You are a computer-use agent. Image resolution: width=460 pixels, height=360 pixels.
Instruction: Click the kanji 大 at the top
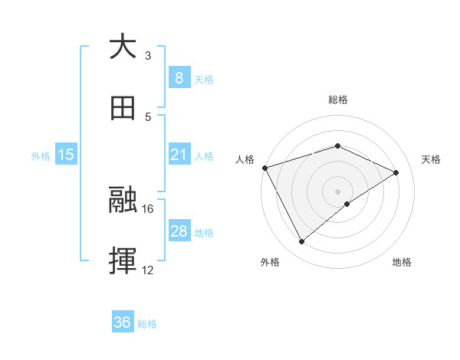(x=123, y=46)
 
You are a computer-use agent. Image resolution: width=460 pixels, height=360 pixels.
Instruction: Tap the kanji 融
(x=123, y=200)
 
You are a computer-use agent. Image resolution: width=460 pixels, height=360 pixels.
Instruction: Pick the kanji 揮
(x=123, y=261)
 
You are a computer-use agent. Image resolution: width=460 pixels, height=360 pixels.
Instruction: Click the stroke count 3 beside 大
(x=148, y=56)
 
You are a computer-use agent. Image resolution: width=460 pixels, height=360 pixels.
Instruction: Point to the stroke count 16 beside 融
(x=148, y=208)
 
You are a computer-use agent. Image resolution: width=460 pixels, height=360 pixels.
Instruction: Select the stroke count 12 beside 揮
(x=148, y=270)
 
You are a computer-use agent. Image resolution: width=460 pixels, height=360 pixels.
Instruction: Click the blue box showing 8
(x=179, y=77)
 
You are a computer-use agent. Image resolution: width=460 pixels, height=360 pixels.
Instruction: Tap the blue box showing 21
(x=179, y=155)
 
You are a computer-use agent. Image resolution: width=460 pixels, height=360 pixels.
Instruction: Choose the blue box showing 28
(x=179, y=231)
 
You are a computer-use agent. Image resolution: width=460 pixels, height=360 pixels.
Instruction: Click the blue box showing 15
(x=66, y=155)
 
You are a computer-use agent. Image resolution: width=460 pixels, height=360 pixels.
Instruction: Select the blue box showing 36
(x=123, y=322)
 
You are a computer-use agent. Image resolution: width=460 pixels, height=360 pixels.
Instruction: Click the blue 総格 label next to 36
(x=147, y=324)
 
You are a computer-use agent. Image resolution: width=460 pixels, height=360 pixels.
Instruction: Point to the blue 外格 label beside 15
(x=41, y=155)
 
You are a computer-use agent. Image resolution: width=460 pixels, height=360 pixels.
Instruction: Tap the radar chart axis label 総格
(x=338, y=100)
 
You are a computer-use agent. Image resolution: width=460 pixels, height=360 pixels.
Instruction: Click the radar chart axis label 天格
(x=431, y=159)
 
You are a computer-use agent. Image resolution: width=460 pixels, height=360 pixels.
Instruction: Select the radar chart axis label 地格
(x=402, y=262)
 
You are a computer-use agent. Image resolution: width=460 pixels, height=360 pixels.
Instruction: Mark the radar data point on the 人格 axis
(x=264, y=168)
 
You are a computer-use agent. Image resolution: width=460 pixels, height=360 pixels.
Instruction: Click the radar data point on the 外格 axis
(x=301, y=242)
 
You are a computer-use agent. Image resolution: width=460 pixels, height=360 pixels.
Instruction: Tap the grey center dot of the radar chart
(x=338, y=191)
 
